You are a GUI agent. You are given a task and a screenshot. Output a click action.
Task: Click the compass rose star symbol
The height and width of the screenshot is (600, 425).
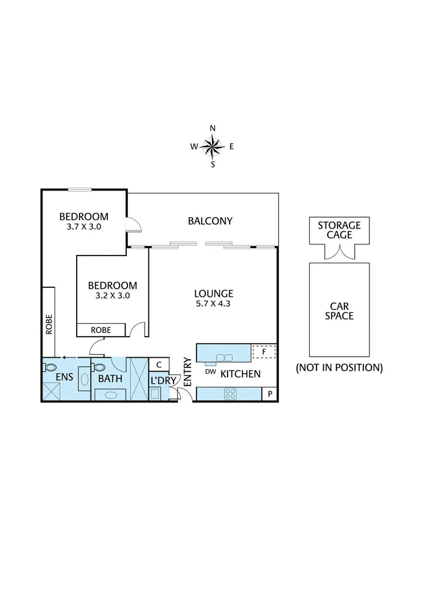[212, 147]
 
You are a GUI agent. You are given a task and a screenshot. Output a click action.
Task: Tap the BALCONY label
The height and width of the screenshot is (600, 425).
[210, 221]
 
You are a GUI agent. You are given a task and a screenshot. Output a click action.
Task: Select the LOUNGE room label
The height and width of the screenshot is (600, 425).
[214, 294]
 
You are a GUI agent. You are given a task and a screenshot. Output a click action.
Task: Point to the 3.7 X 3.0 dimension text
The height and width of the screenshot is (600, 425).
[84, 227]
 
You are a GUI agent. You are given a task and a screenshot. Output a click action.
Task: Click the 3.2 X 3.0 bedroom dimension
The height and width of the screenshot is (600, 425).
[113, 296]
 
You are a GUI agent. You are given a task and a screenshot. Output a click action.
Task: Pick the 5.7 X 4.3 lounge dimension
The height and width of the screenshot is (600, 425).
[213, 304]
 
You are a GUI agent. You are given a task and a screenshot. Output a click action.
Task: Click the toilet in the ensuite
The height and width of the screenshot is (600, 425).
[50, 367]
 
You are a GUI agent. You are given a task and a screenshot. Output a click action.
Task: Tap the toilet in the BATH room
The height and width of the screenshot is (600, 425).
[98, 367]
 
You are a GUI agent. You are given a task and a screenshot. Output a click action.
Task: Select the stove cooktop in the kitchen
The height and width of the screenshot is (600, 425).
[230, 394]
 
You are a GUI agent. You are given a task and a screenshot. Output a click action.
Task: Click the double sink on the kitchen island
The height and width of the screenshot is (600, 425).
[225, 358]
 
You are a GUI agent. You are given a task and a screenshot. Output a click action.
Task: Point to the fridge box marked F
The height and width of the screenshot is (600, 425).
[264, 352]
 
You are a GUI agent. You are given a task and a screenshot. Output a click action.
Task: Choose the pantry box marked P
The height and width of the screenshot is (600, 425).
[270, 394]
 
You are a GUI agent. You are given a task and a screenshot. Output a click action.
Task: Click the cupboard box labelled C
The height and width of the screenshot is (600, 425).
[159, 364]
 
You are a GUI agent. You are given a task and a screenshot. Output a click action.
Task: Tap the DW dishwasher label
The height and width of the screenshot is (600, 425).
[210, 371]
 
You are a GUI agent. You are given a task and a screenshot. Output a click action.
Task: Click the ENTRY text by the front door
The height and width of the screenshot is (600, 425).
[187, 372]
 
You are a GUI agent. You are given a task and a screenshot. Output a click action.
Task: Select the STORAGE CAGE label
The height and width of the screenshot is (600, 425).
[339, 230]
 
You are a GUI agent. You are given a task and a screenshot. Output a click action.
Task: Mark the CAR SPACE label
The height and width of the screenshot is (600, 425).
[339, 311]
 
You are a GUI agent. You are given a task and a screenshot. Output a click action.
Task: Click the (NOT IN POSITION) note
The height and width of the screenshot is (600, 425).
[339, 368]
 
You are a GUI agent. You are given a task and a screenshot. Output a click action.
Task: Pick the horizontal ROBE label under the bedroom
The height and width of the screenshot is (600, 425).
[101, 330]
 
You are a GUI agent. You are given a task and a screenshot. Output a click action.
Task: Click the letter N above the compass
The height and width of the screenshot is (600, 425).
[212, 128]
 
